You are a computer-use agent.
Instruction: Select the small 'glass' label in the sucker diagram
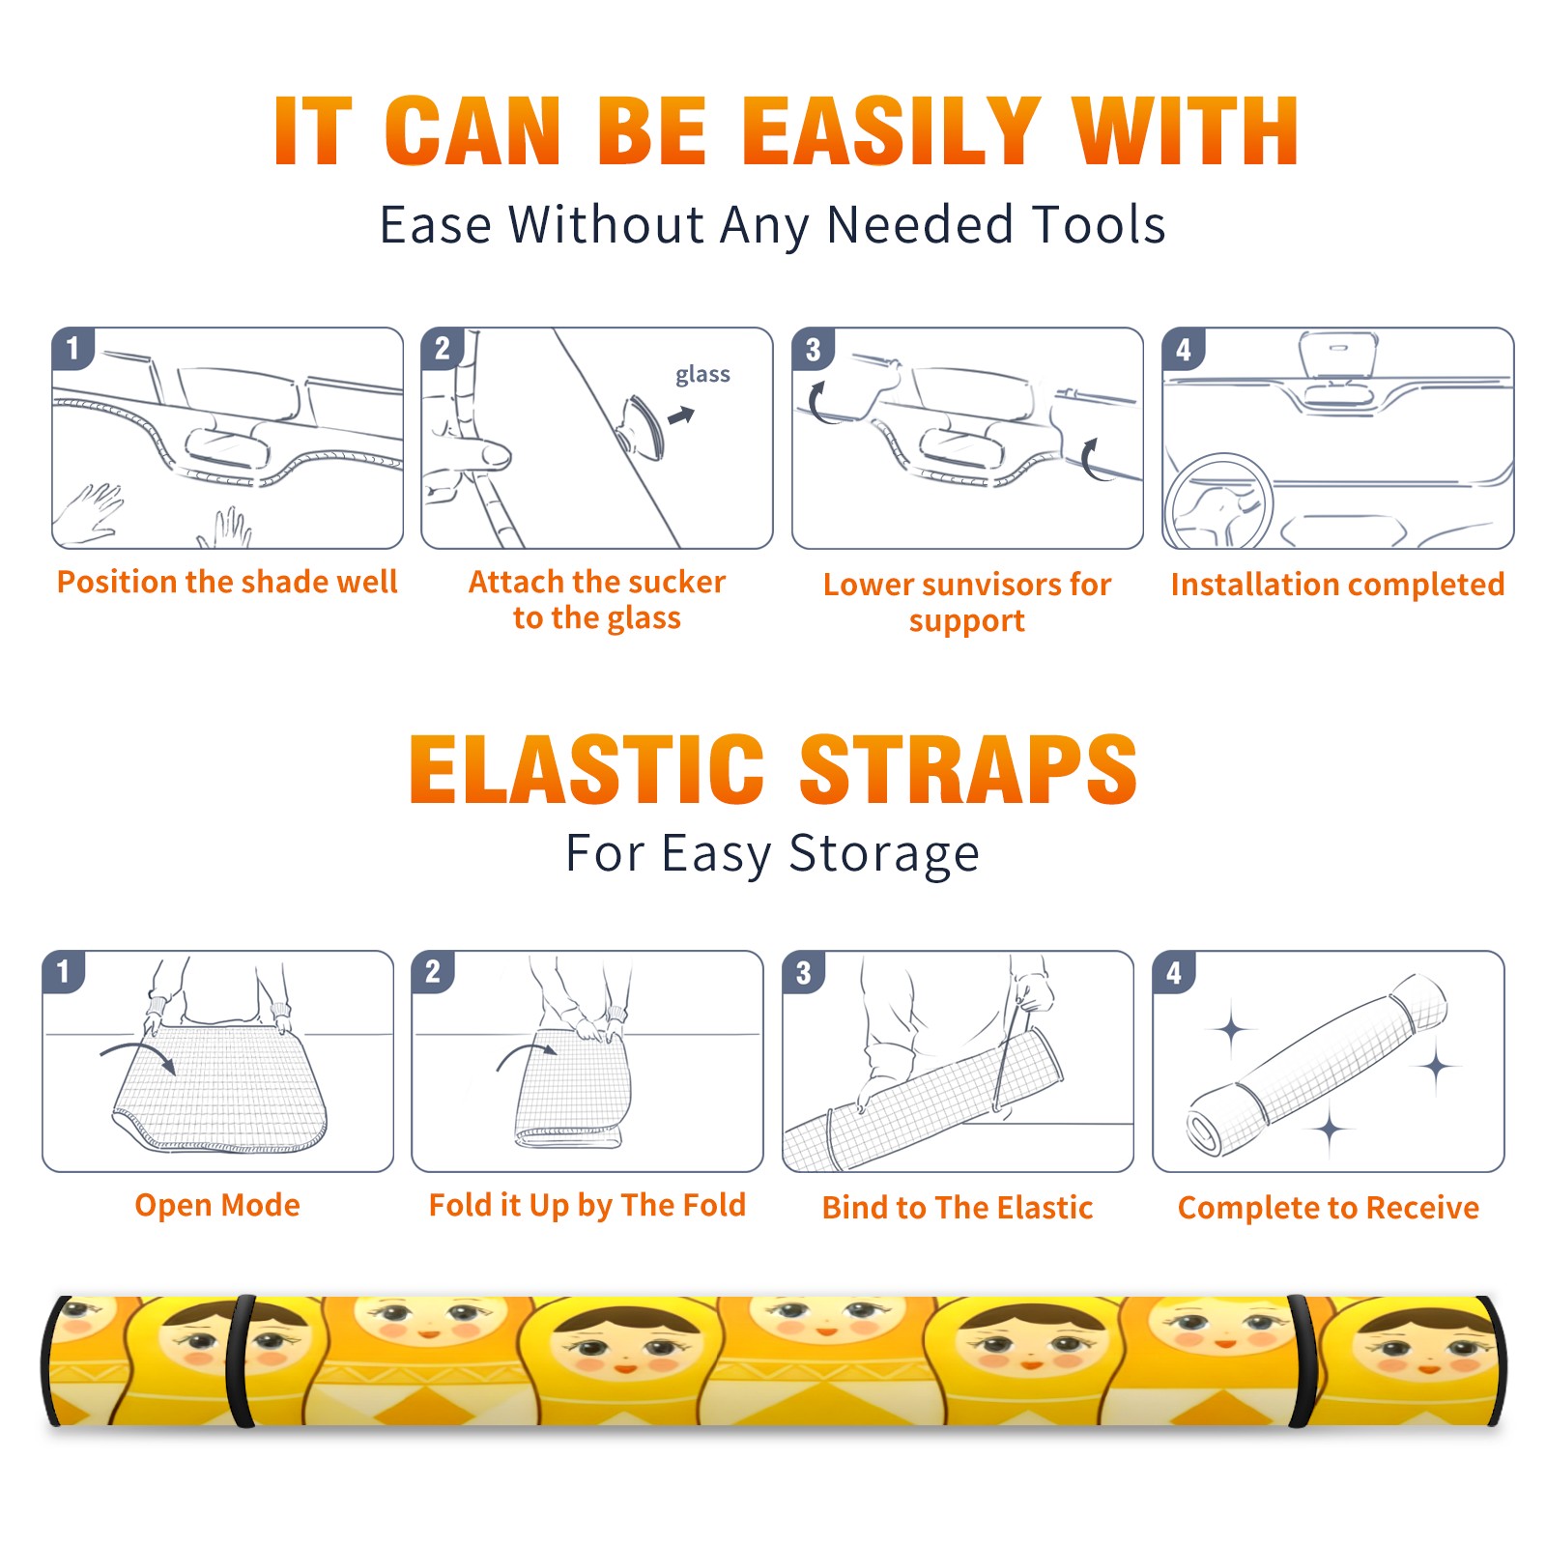[x=702, y=375]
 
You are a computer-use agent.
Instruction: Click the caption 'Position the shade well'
[x=227, y=582]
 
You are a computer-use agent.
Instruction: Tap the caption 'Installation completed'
[x=1337, y=585]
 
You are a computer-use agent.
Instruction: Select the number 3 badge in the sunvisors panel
[x=813, y=350]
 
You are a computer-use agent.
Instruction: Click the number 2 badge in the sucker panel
[x=443, y=349]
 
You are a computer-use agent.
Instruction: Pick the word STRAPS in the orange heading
[x=968, y=769]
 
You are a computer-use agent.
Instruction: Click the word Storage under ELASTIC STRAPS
[x=884, y=854]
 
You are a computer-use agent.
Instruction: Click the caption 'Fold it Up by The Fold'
[x=587, y=1205]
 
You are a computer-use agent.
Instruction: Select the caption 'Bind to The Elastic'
[x=958, y=1208]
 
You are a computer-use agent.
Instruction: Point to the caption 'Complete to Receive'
[x=1329, y=1208]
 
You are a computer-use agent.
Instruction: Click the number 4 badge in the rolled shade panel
[x=1174, y=972]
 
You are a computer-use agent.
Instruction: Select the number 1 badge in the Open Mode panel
[x=64, y=972]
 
